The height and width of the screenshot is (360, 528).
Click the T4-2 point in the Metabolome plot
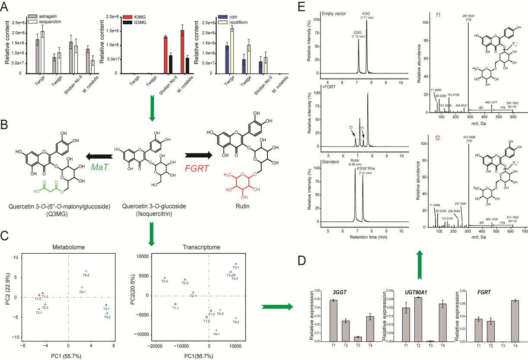[x=86, y=271]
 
